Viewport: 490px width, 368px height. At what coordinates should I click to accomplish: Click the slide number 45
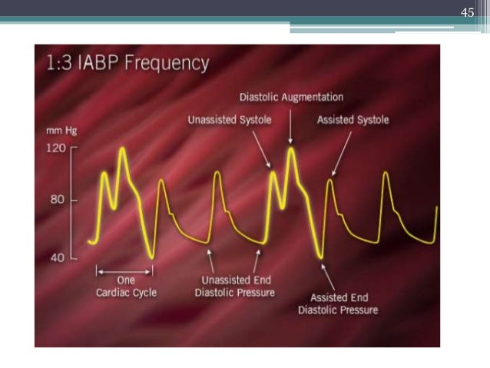[x=467, y=12]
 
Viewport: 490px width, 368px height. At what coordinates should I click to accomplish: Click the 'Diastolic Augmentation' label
[x=291, y=98]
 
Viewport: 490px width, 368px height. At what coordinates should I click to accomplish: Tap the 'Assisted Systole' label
[x=353, y=120]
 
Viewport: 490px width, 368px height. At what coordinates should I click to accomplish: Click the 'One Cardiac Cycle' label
[x=124, y=287]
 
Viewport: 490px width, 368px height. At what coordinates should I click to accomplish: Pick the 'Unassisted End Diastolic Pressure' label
[x=234, y=287]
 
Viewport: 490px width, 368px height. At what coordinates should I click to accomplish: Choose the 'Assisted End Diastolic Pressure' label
[x=338, y=303]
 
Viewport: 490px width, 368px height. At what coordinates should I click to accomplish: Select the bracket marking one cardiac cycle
[x=124, y=270]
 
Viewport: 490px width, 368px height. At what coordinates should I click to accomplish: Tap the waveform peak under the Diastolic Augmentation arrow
[x=291, y=148]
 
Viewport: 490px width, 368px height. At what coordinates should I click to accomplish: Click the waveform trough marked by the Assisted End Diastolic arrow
[x=322, y=257]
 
